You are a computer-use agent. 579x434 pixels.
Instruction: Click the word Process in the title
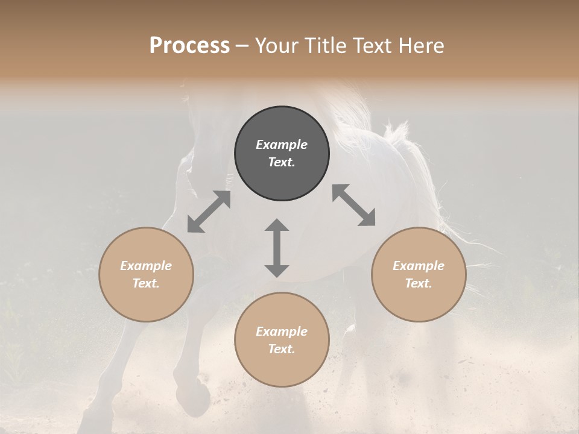tap(189, 46)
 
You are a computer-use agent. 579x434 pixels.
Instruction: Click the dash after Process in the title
tap(242, 46)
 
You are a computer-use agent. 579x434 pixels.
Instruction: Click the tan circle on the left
tap(146, 274)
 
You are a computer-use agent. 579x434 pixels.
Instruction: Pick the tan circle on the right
tap(419, 274)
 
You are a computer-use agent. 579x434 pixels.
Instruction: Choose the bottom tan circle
tap(282, 339)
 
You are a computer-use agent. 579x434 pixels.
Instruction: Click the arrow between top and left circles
tap(209, 212)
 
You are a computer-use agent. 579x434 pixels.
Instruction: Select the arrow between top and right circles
tap(353, 206)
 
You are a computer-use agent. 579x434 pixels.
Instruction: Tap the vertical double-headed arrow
tap(277, 248)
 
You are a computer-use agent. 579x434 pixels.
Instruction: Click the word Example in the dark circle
tap(282, 145)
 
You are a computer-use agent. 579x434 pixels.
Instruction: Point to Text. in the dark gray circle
tap(282, 162)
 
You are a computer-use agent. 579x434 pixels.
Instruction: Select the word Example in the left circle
tap(146, 266)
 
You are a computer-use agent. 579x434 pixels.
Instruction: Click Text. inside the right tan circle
tap(419, 283)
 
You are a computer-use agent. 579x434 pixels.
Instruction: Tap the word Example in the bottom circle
tap(282, 332)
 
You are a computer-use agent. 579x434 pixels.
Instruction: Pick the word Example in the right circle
tap(419, 266)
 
